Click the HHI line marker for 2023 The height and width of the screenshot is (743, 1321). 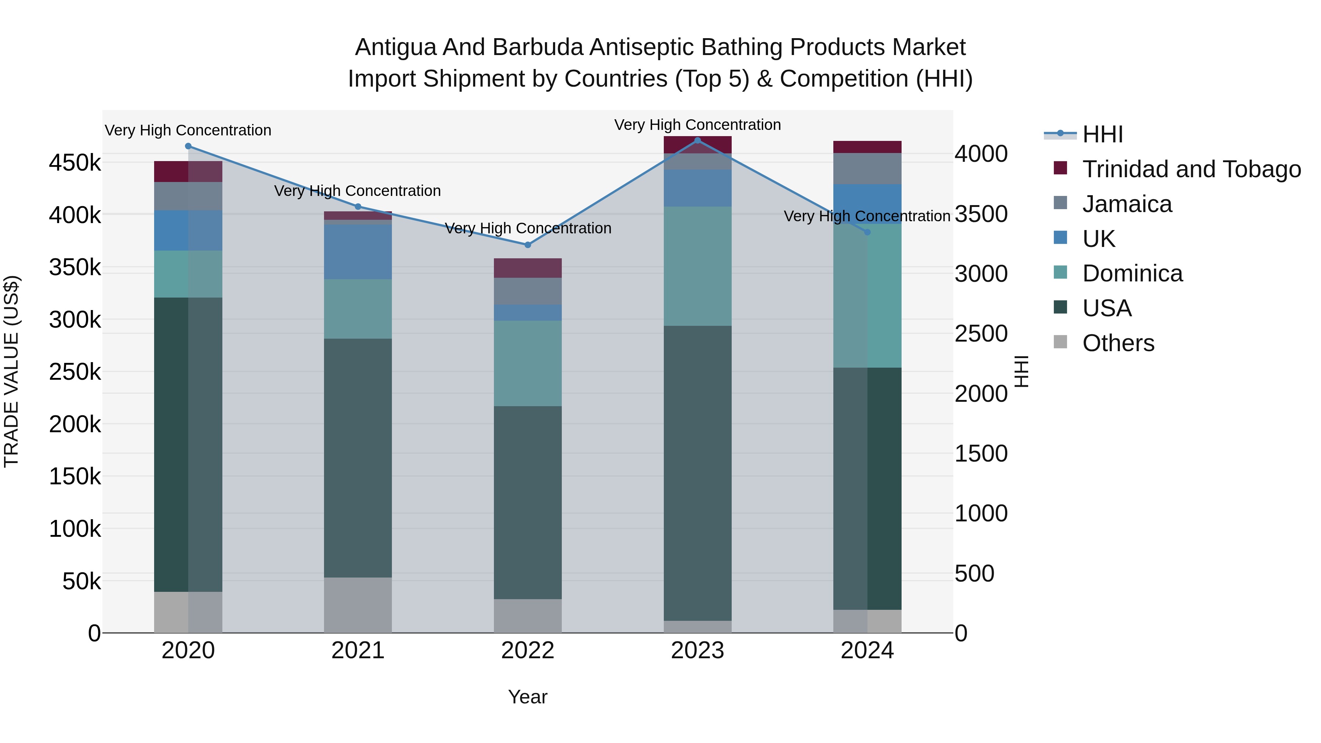(698, 141)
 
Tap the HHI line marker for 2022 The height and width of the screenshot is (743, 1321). (528, 245)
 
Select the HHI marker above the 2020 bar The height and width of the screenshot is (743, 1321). (188, 146)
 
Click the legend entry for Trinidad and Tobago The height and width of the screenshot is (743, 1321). (1191, 169)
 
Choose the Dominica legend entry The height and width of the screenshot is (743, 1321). (1132, 273)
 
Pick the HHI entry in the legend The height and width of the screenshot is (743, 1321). (1103, 134)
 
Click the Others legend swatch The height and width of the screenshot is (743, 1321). (1060, 342)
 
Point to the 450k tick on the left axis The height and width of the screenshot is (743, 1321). (75, 163)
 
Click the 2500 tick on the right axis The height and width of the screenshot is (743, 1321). (980, 334)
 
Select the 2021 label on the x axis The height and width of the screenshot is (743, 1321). (358, 651)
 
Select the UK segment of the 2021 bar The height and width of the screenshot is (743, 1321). (358, 251)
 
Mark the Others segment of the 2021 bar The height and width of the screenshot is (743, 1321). (358, 605)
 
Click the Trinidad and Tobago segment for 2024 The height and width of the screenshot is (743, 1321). (867, 147)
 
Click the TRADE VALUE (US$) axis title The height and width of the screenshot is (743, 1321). (11, 371)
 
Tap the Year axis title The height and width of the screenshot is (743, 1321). (528, 697)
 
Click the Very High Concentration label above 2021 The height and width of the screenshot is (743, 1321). (357, 191)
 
